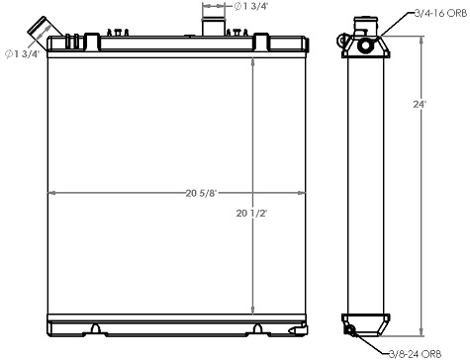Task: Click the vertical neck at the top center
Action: click(215, 25)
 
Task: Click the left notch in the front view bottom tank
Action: click(94, 326)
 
